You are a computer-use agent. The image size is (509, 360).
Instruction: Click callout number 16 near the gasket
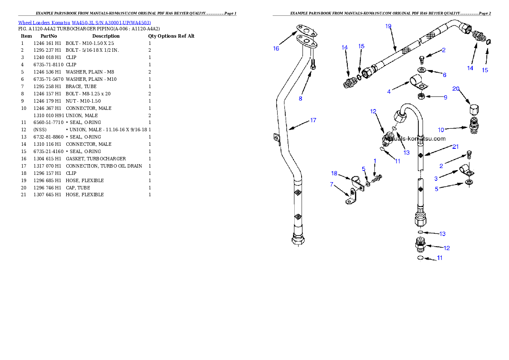point(276,48)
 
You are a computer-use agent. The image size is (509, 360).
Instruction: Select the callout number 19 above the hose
point(388,26)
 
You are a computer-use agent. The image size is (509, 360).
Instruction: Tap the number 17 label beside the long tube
point(313,120)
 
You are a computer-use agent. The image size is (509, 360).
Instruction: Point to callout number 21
point(456,147)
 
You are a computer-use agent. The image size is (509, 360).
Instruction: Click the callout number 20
point(456,89)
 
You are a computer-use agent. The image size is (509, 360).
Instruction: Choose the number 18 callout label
point(334,173)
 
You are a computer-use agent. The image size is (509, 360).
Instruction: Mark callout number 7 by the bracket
point(331,184)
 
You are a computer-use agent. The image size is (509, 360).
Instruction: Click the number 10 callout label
point(441,130)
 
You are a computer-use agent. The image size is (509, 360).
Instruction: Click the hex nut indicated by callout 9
point(420,96)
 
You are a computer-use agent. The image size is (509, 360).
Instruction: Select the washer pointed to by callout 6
point(422,70)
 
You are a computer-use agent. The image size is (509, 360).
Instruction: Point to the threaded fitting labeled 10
point(473,125)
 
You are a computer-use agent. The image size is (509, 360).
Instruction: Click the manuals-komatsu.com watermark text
point(414,139)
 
